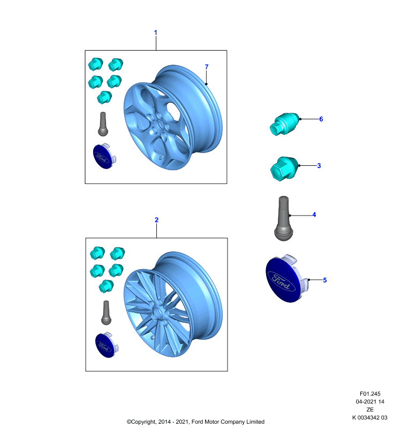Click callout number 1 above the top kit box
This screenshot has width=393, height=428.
click(x=156, y=33)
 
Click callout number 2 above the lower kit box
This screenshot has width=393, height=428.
click(x=156, y=220)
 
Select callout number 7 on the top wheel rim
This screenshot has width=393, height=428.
click(x=207, y=67)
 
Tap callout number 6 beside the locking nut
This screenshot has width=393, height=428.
click(x=321, y=119)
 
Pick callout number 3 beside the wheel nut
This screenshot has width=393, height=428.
click(x=319, y=166)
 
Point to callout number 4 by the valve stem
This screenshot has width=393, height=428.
click(x=314, y=215)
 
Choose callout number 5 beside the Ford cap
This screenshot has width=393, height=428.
click(x=324, y=280)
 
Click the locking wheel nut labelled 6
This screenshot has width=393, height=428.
click(x=284, y=124)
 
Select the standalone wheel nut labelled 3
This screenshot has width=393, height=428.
click(x=284, y=168)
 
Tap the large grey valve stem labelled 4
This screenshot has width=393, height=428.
click(x=283, y=218)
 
